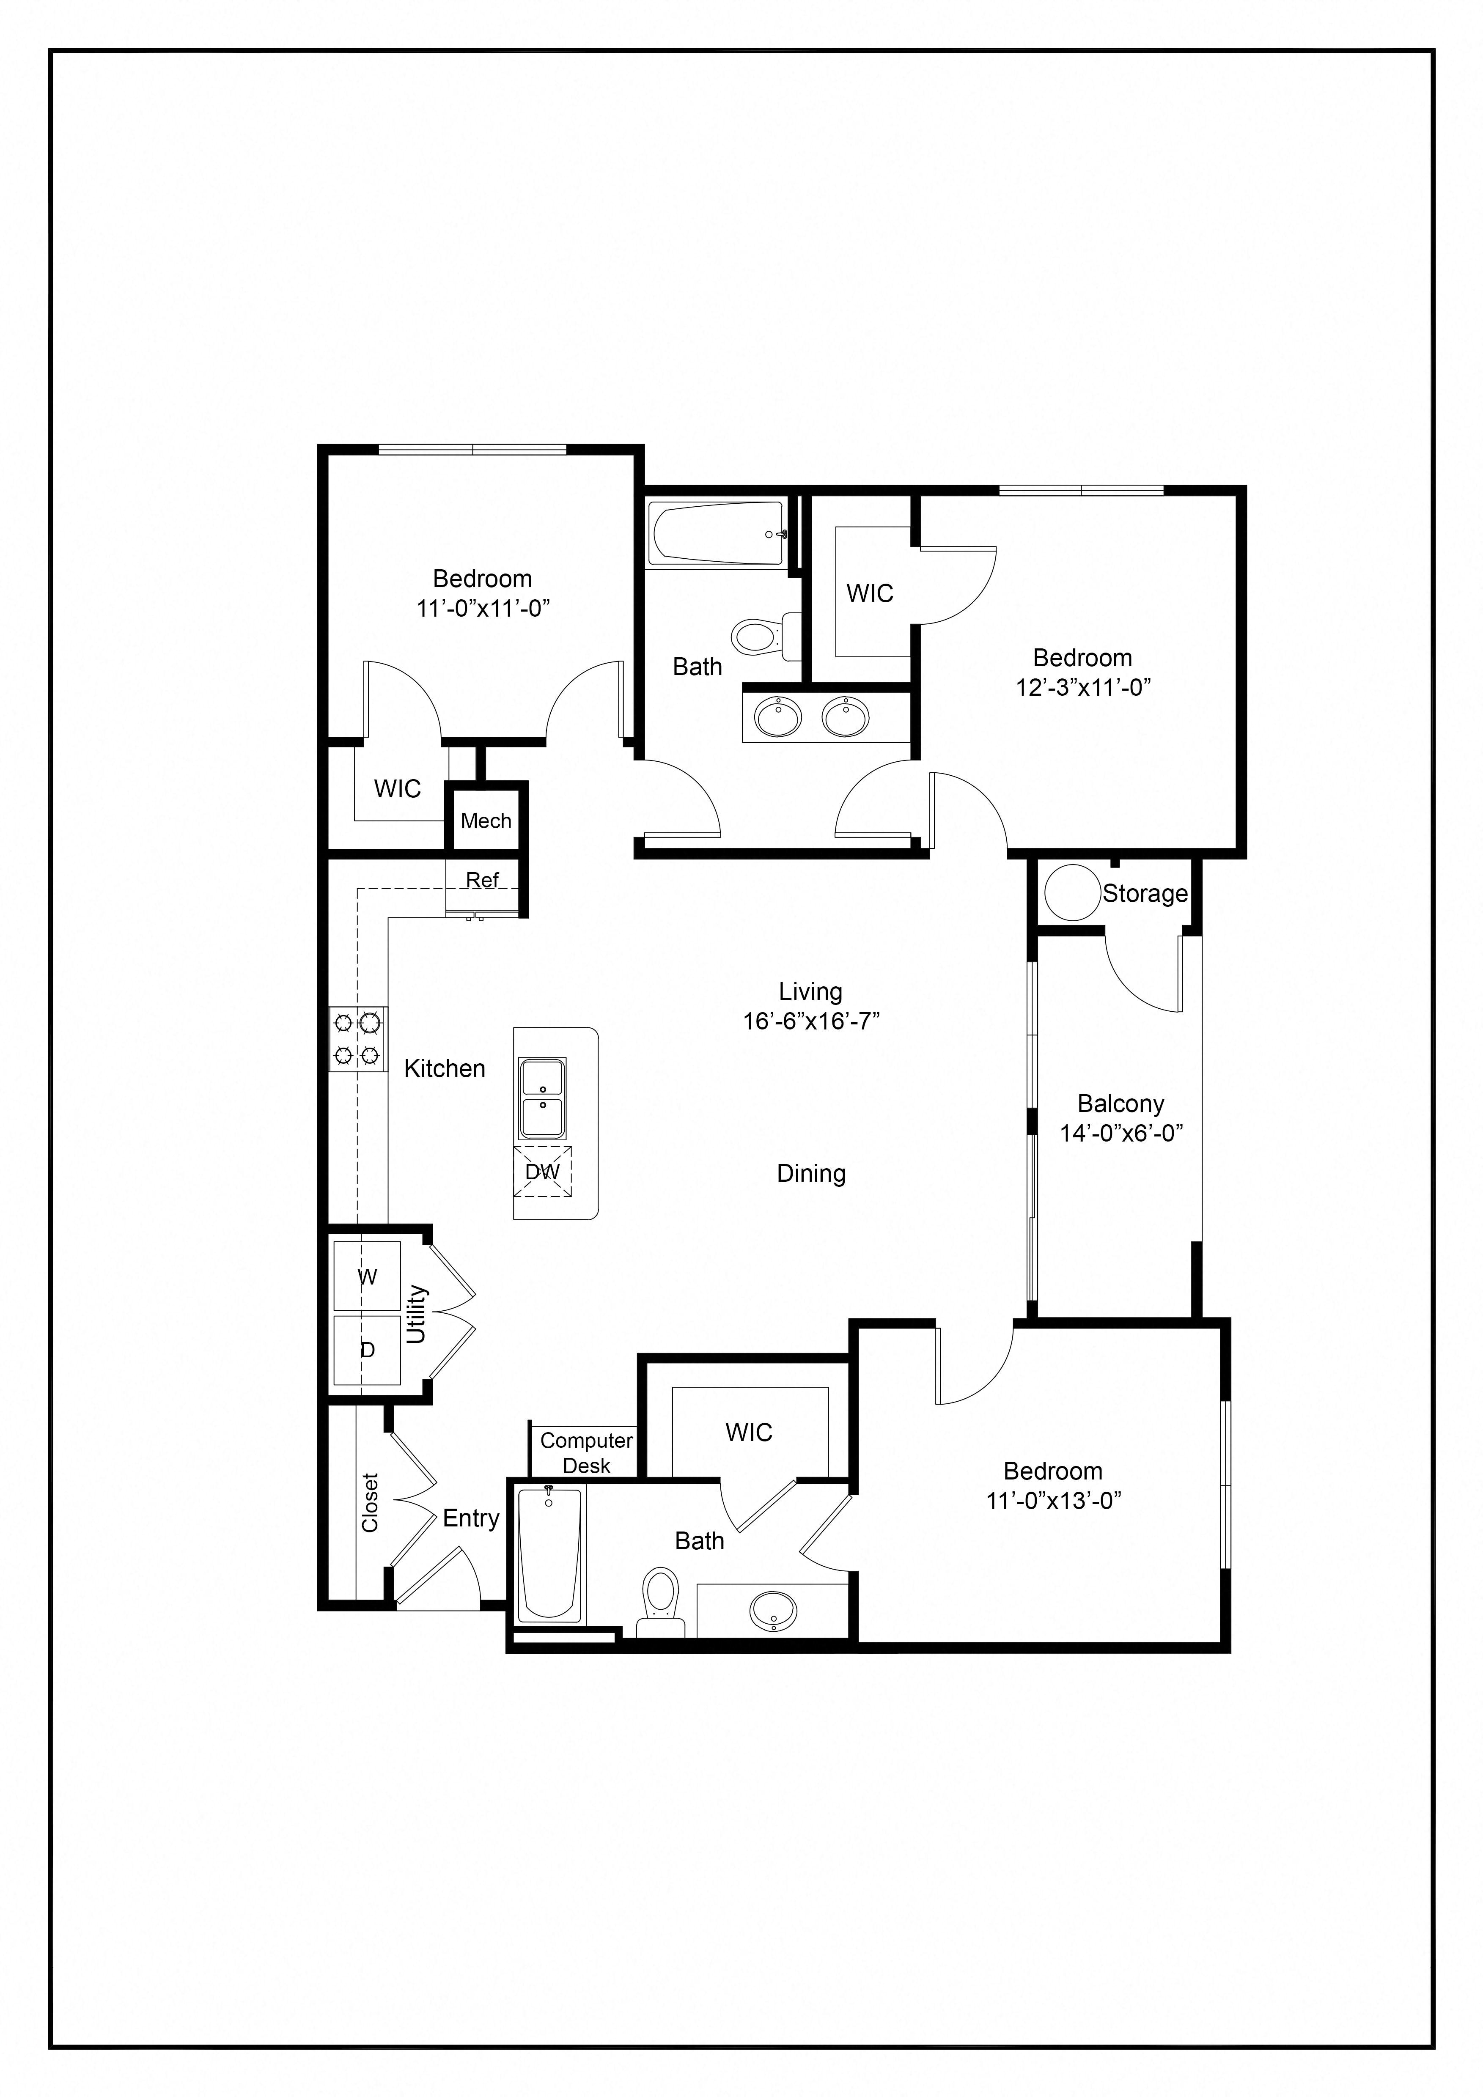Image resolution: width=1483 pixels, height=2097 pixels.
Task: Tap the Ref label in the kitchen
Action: tap(482, 880)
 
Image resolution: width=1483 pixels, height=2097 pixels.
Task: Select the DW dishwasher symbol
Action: tap(542, 1172)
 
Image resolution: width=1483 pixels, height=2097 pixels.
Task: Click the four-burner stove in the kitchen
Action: tap(357, 1038)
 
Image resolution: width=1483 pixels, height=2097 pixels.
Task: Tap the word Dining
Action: tap(811, 1174)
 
